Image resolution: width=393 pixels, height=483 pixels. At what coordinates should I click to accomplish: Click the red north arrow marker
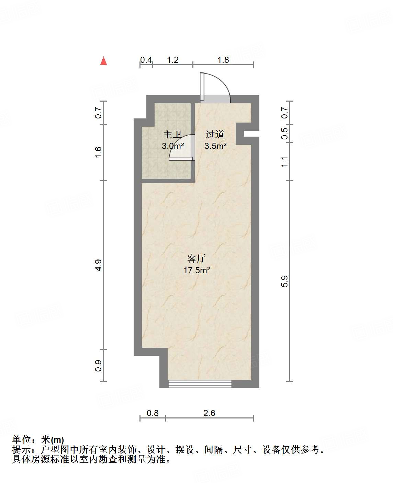tap(103, 61)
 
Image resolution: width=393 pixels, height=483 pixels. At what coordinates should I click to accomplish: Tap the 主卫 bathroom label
tap(172, 135)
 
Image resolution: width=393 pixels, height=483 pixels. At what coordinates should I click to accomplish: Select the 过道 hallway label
tap(215, 134)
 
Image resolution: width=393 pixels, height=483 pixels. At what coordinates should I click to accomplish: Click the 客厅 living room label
tap(196, 258)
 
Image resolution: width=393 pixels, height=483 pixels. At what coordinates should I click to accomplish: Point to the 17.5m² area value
tap(196, 270)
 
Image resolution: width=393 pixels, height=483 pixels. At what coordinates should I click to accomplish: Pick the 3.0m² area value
tap(173, 146)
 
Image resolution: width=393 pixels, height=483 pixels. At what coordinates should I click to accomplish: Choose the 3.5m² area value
tap(215, 146)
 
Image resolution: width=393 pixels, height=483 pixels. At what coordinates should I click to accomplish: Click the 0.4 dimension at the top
tap(146, 60)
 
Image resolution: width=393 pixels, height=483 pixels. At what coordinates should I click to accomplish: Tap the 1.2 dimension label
tap(173, 60)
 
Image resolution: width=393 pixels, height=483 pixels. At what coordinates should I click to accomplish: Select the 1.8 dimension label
tap(223, 60)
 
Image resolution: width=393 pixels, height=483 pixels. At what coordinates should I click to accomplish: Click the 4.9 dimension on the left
tap(99, 265)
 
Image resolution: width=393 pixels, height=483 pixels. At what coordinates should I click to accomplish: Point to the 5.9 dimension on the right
tap(284, 281)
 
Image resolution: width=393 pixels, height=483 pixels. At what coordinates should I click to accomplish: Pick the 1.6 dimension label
tap(99, 152)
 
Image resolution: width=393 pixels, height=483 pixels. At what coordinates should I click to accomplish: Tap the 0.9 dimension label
tap(99, 365)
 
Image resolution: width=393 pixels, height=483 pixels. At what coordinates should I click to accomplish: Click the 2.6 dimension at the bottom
tap(209, 413)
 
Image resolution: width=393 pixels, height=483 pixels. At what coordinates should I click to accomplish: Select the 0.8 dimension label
tap(153, 413)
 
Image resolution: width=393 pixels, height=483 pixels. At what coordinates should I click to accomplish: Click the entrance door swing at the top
tap(215, 88)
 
